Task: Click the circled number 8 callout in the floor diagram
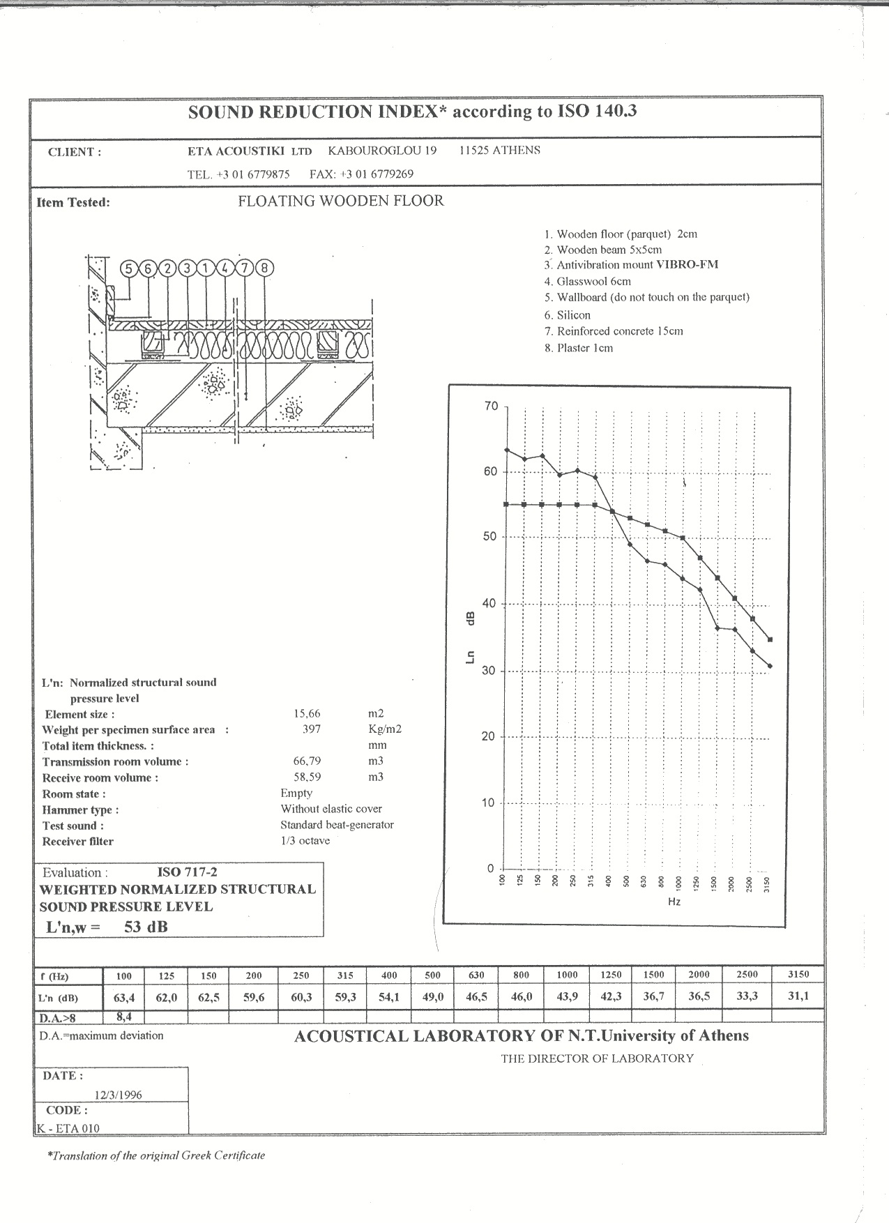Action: point(264,268)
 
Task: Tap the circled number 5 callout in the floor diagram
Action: point(129,268)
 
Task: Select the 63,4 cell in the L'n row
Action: point(123,997)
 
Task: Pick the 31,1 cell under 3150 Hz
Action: point(798,996)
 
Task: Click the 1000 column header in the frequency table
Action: point(567,975)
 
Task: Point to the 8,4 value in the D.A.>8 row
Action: point(124,1017)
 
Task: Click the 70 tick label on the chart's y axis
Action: point(491,406)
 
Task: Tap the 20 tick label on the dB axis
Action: point(489,737)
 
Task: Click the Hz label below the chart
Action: point(674,902)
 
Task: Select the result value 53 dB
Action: point(146,927)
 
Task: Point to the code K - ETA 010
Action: point(68,1128)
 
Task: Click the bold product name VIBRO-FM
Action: point(687,265)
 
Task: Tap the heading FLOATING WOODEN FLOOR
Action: point(341,202)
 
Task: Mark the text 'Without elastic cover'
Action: point(331,809)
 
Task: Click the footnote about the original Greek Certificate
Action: point(156,1155)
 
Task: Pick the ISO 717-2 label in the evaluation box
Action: point(187,872)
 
